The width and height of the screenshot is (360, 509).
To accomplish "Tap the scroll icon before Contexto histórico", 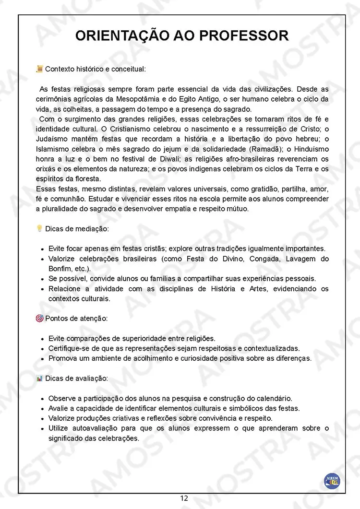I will [39, 69].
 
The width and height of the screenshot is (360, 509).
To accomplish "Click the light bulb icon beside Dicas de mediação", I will [39, 229].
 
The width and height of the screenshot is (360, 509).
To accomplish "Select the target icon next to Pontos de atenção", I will [39, 318].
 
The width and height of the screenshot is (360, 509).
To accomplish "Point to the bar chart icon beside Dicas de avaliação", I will [39, 379].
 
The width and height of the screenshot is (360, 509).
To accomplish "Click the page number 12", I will [184, 498].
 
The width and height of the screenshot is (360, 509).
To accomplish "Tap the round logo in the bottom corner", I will [332, 480].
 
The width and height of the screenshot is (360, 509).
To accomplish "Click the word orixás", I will [47, 169].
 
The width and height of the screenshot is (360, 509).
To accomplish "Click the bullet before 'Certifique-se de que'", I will [43, 349].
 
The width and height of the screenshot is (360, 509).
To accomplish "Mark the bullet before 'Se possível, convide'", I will [43, 279].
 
